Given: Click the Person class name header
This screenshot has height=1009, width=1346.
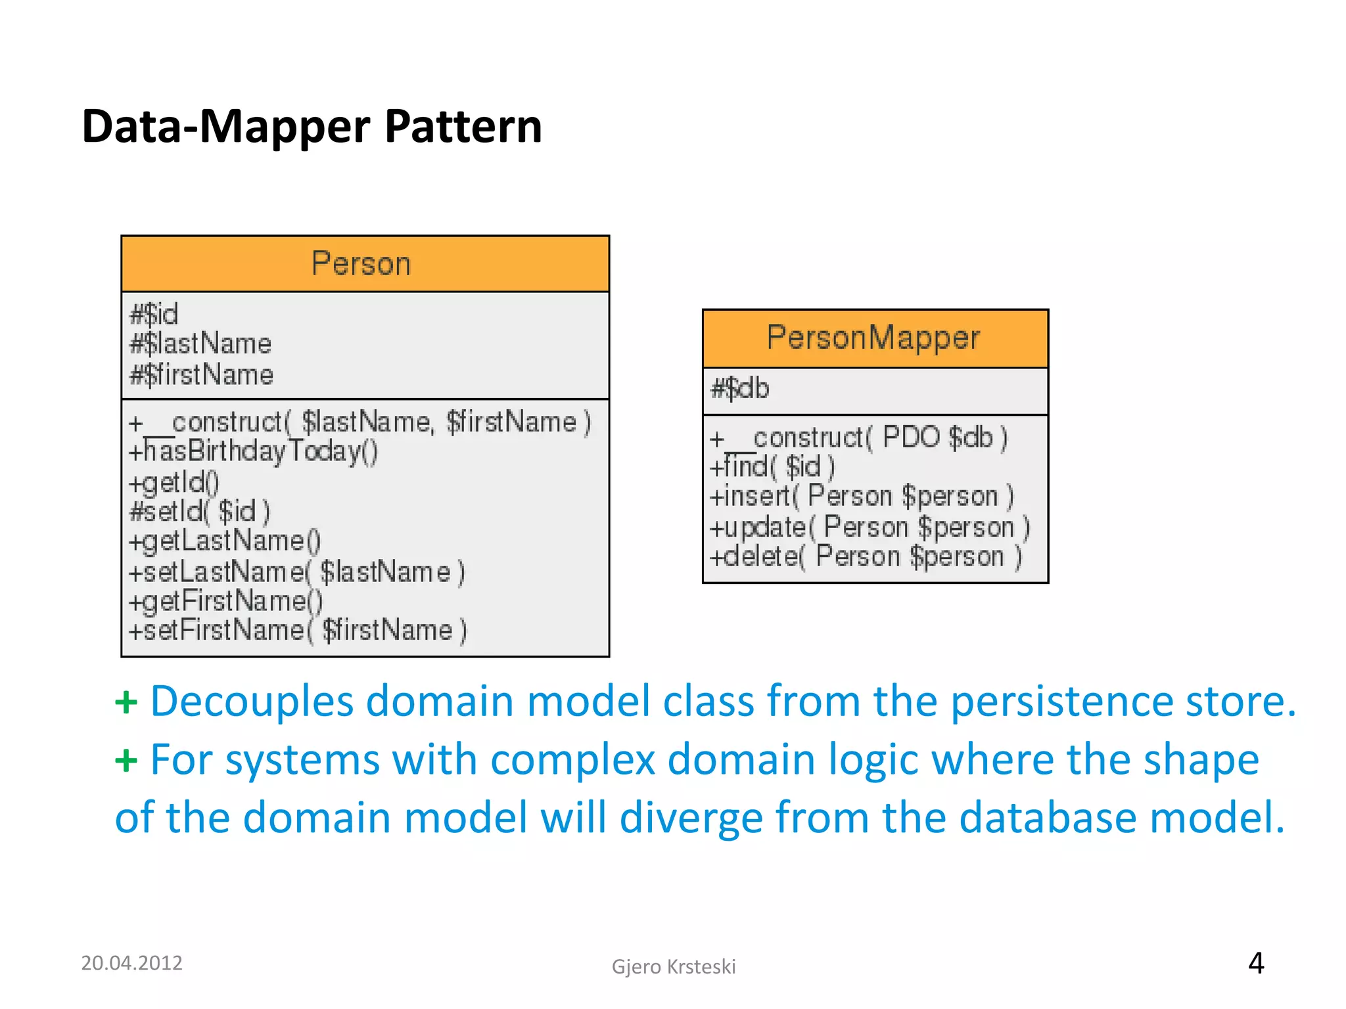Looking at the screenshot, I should pyautogui.click(x=361, y=264).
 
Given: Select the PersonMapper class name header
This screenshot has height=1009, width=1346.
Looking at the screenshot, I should pyautogui.click(x=873, y=338).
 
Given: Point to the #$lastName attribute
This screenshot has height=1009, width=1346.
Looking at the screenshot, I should pyautogui.click(x=200, y=344).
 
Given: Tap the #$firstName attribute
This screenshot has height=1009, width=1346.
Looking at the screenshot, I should pyautogui.click(x=202, y=375).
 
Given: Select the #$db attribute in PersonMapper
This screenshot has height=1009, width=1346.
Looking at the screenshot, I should pyautogui.click(x=740, y=389).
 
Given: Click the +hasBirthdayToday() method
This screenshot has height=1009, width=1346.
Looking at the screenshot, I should pyautogui.click(x=254, y=452).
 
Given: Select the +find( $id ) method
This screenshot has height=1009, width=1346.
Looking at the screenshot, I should pyautogui.click(x=772, y=467).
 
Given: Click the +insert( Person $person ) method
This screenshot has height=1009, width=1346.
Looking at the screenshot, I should pyautogui.click(x=862, y=497).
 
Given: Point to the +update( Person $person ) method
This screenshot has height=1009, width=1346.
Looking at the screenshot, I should pyautogui.click(x=870, y=527).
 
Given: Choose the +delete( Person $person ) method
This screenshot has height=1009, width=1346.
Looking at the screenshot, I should pyautogui.click(x=866, y=557).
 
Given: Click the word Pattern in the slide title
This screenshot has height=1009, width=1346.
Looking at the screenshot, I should pyautogui.click(x=463, y=126).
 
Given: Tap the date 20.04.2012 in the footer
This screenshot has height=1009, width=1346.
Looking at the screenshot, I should pyautogui.click(x=131, y=963).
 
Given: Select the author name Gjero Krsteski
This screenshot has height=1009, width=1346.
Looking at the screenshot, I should pyautogui.click(x=674, y=967).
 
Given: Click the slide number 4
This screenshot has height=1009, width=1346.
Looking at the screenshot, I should pyautogui.click(x=1256, y=964).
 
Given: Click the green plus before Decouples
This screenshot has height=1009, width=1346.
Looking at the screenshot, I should pyautogui.click(x=126, y=703).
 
